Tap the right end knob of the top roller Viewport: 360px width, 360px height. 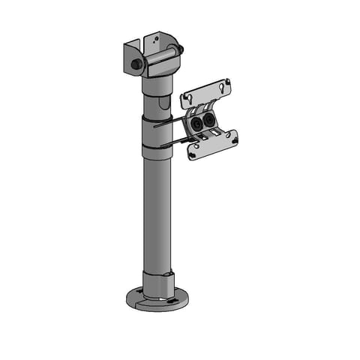coord(180,51)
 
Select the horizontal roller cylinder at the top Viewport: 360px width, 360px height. coord(159,58)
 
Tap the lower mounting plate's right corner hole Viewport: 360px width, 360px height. coord(232,137)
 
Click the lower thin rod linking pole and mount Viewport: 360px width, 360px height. coord(174,142)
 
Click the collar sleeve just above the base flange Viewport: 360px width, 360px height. coord(157,283)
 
